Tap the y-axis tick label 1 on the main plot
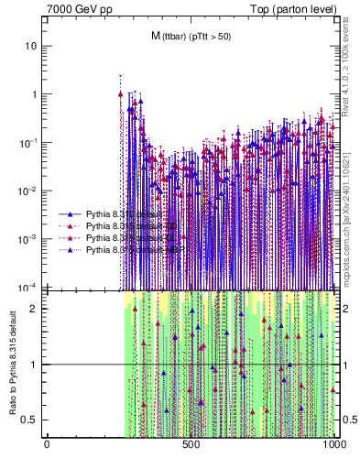click(35, 94)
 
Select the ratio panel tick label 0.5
click(30, 420)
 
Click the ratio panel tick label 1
click(35, 365)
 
